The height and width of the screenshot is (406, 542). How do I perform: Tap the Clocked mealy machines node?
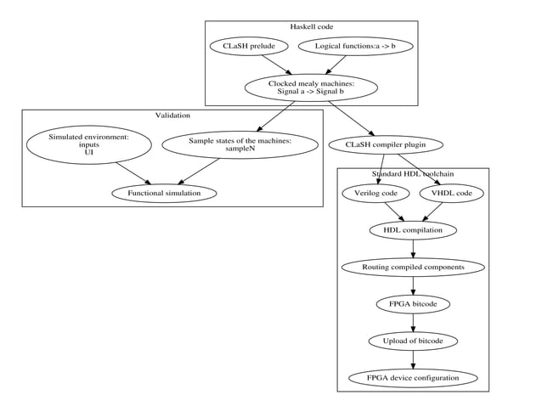pos(311,87)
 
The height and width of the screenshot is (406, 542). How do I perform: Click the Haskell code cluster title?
pos(311,27)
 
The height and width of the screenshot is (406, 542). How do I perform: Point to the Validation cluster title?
pos(172,116)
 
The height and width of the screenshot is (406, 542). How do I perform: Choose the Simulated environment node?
pos(88,144)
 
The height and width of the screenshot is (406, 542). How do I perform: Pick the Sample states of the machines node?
pos(240,144)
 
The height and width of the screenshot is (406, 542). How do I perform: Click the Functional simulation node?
pos(164,193)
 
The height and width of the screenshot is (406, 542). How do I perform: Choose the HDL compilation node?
pos(413,229)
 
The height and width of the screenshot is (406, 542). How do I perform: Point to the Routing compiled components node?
pos(413,267)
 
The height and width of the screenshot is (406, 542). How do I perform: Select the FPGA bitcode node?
pos(413,303)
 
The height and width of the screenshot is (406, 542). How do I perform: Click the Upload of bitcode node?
pos(413,341)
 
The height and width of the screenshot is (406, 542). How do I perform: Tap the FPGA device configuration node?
pos(413,377)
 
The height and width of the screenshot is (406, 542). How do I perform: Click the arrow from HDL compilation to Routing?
pos(413,248)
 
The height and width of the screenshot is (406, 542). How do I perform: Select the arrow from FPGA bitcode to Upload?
pos(413,322)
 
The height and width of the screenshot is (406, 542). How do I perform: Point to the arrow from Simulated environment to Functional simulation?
pos(131,172)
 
